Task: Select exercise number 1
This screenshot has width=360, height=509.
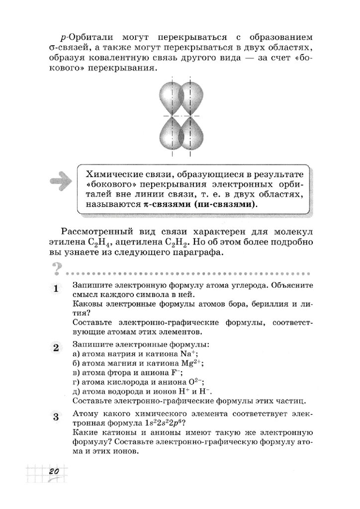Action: click(56, 289)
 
